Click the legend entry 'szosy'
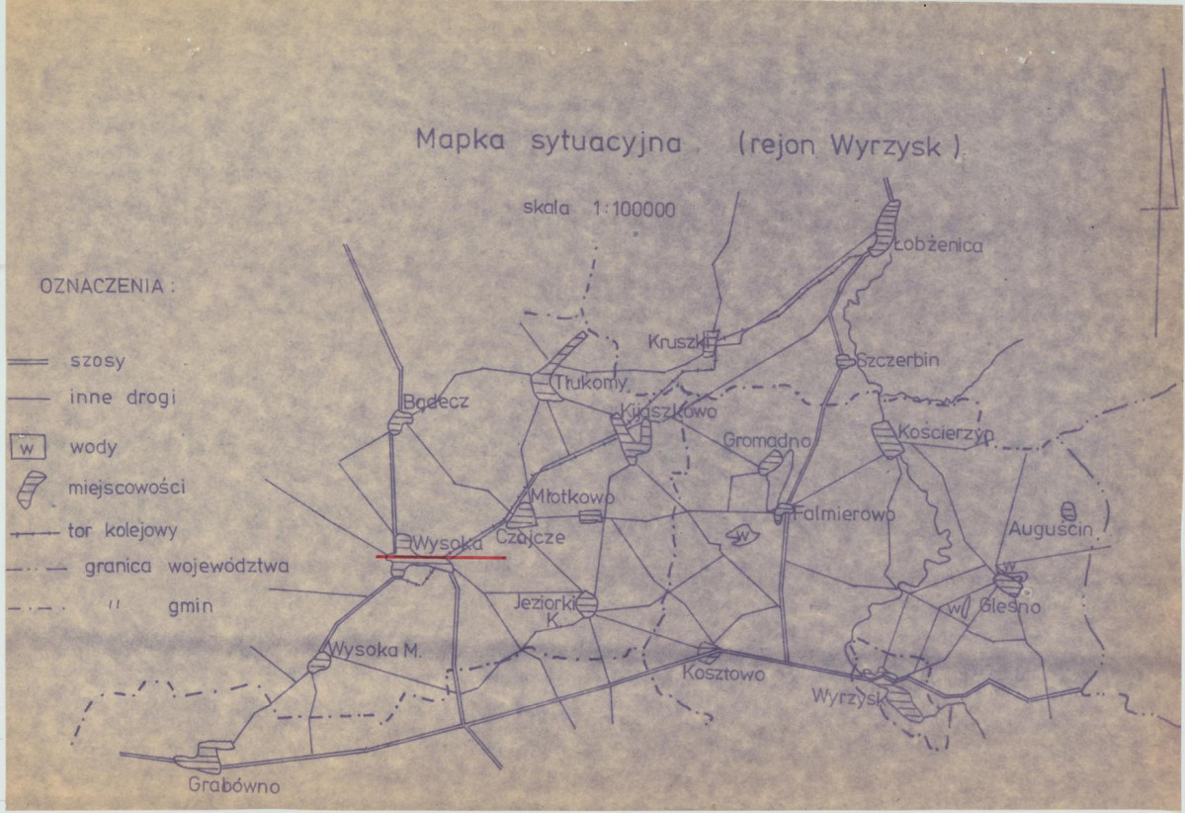point(98,361)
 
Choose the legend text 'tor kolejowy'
point(124,531)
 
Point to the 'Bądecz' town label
point(436,402)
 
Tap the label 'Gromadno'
point(767,439)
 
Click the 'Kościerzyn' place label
point(946,433)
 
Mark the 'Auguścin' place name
point(1050,530)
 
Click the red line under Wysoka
point(441,558)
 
